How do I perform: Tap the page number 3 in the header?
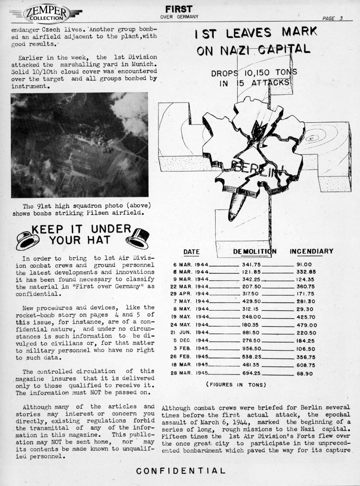coord(341,19)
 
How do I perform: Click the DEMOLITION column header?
coord(255,252)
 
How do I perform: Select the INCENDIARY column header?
coord(312,252)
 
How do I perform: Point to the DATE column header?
coord(191,252)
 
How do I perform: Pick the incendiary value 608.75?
coord(306,365)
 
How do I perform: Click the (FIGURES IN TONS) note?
coord(236,385)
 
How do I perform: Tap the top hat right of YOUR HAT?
coord(138,239)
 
